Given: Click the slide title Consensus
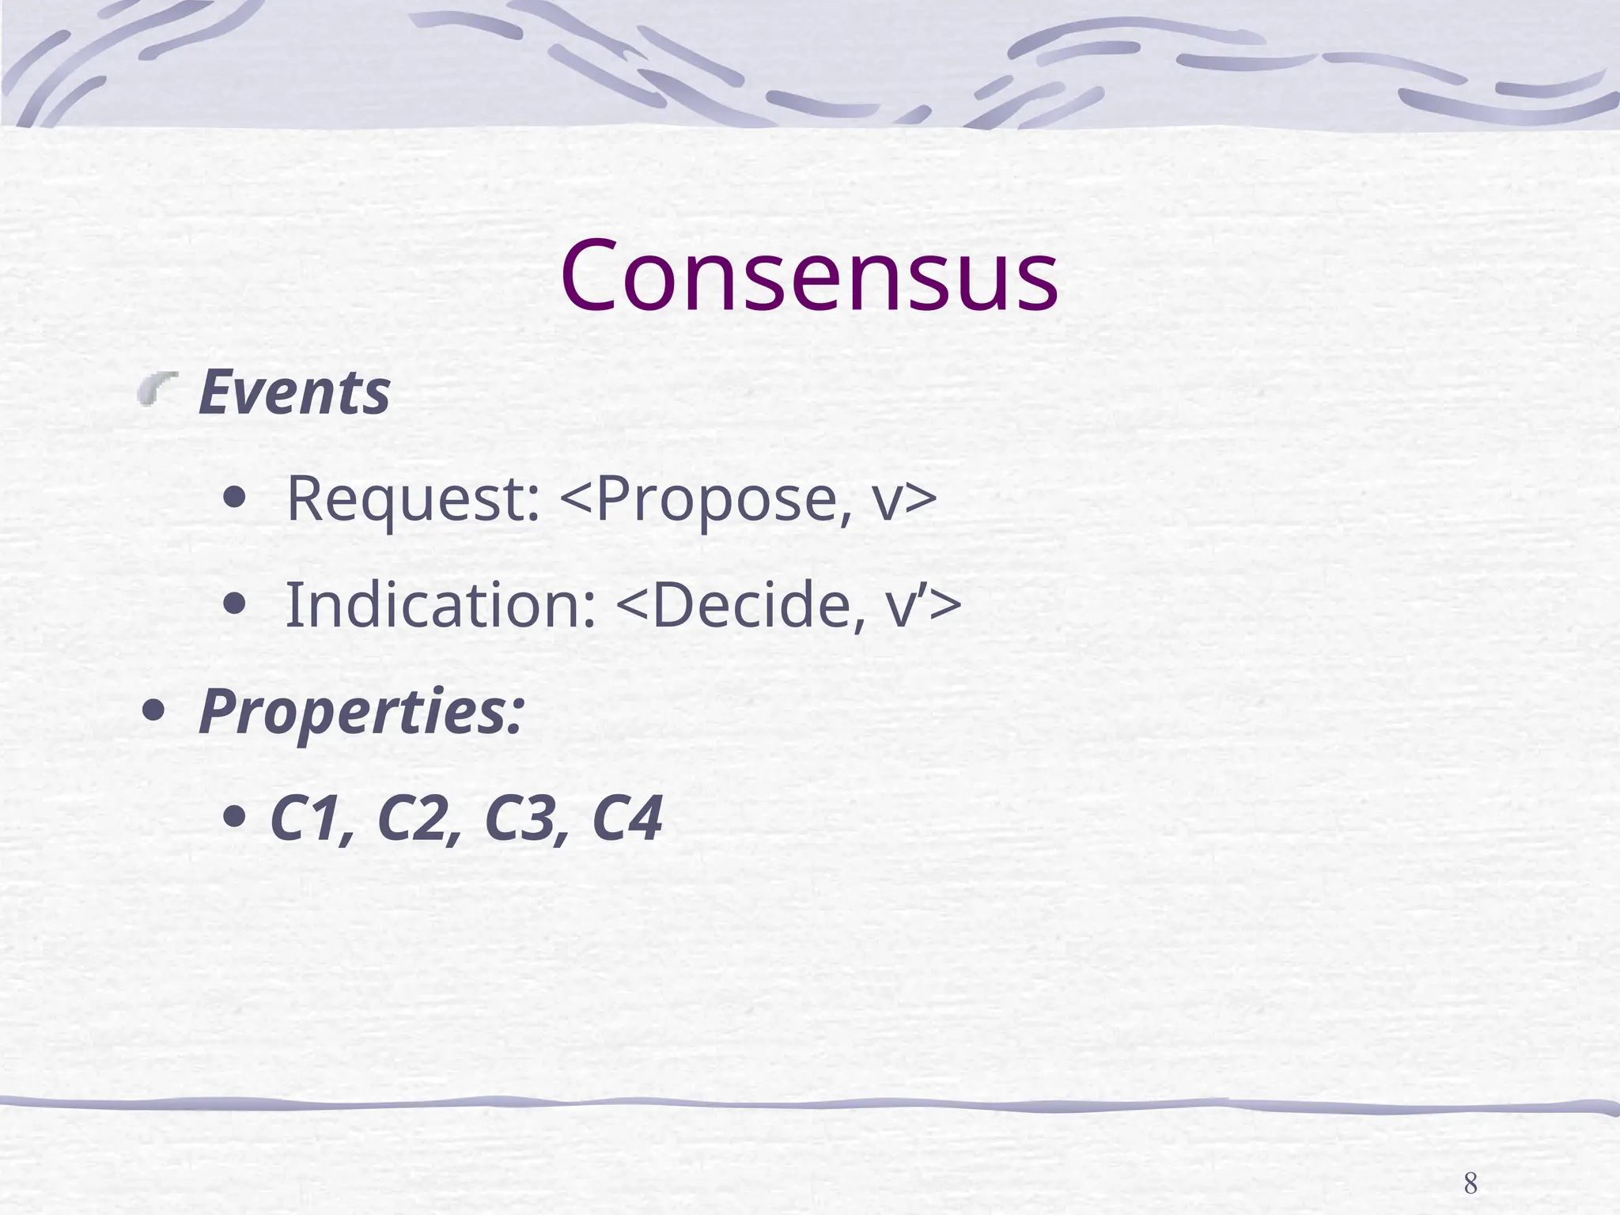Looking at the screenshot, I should (x=808, y=275).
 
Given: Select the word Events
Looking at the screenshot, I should (x=293, y=392).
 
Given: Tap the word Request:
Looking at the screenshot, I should (x=412, y=498).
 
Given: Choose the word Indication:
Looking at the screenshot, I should (x=440, y=605).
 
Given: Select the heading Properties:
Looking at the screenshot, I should (x=361, y=711).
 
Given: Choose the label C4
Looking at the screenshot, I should (x=626, y=819).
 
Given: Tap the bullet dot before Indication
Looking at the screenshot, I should (x=233, y=605).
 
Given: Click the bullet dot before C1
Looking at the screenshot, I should (x=233, y=817).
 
